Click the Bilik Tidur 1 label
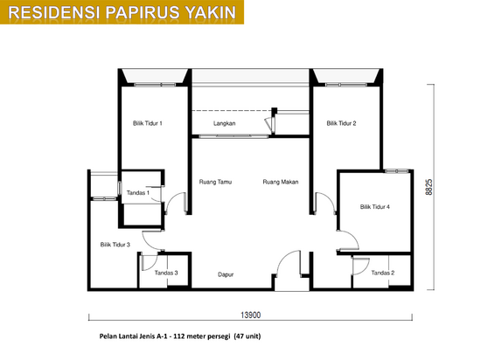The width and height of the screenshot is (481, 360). [148, 123]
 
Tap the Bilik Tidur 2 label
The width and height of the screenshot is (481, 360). [341, 123]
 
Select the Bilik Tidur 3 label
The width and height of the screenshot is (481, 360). [115, 245]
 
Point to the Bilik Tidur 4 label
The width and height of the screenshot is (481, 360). [375, 207]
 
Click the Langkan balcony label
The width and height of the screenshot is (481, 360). [225, 123]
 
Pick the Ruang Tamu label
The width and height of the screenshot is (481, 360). [215, 182]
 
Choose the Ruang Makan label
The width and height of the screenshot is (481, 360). [281, 182]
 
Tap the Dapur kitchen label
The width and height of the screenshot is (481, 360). [226, 274]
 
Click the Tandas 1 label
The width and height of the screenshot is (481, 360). [138, 193]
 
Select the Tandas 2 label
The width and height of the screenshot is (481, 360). [383, 273]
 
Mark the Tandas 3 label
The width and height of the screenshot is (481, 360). [166, 273]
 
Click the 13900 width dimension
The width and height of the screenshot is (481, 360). [251, 315]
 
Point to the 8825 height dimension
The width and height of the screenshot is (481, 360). [429, 187]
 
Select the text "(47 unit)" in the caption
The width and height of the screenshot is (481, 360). [247, 336]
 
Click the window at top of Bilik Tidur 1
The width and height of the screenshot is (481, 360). [155, 84]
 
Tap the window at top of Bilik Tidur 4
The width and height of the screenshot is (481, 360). [397, 170]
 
